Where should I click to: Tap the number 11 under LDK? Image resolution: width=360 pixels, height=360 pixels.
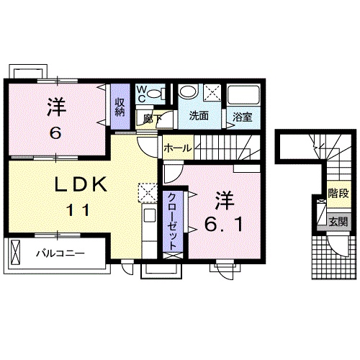point(81,211)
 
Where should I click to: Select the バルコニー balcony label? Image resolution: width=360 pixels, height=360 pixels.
point(60,253)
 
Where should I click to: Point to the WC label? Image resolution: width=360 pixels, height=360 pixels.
point(143,93)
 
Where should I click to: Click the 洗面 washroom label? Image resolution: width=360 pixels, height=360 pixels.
point(199,115)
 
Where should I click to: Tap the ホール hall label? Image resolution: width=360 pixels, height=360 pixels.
point(177,148)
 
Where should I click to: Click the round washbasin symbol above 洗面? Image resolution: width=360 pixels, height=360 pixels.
point(189,92)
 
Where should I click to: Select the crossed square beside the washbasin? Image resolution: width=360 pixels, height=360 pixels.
point(212,91)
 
